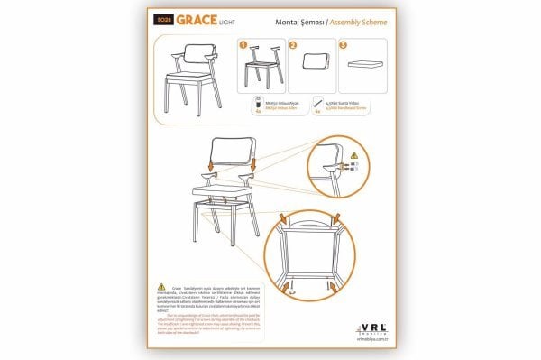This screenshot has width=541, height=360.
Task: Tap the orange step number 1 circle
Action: click(x=242, y=43)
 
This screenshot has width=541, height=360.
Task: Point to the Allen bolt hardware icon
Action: click(x=256, y=103)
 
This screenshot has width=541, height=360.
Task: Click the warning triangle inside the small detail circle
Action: click(x=353, y=155)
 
